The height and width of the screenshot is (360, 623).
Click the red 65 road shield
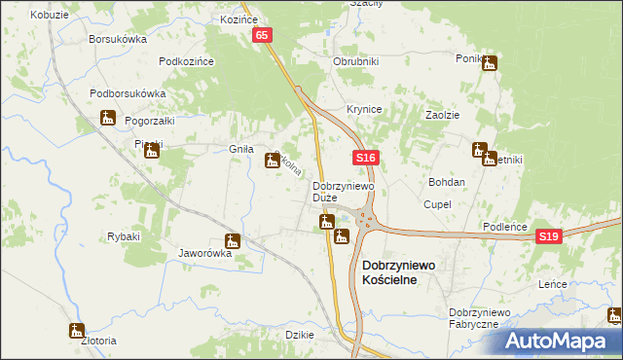(264, 35)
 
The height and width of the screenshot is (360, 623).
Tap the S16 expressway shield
(365, 158)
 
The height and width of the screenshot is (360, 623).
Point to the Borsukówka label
(117, 39)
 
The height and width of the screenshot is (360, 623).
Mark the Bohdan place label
(447, 182)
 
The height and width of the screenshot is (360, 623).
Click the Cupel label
(435, 204)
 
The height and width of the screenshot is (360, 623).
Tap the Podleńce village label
(505, 227)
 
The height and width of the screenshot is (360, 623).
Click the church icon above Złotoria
(77, 330)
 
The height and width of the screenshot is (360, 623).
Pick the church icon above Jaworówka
(232, 241)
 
